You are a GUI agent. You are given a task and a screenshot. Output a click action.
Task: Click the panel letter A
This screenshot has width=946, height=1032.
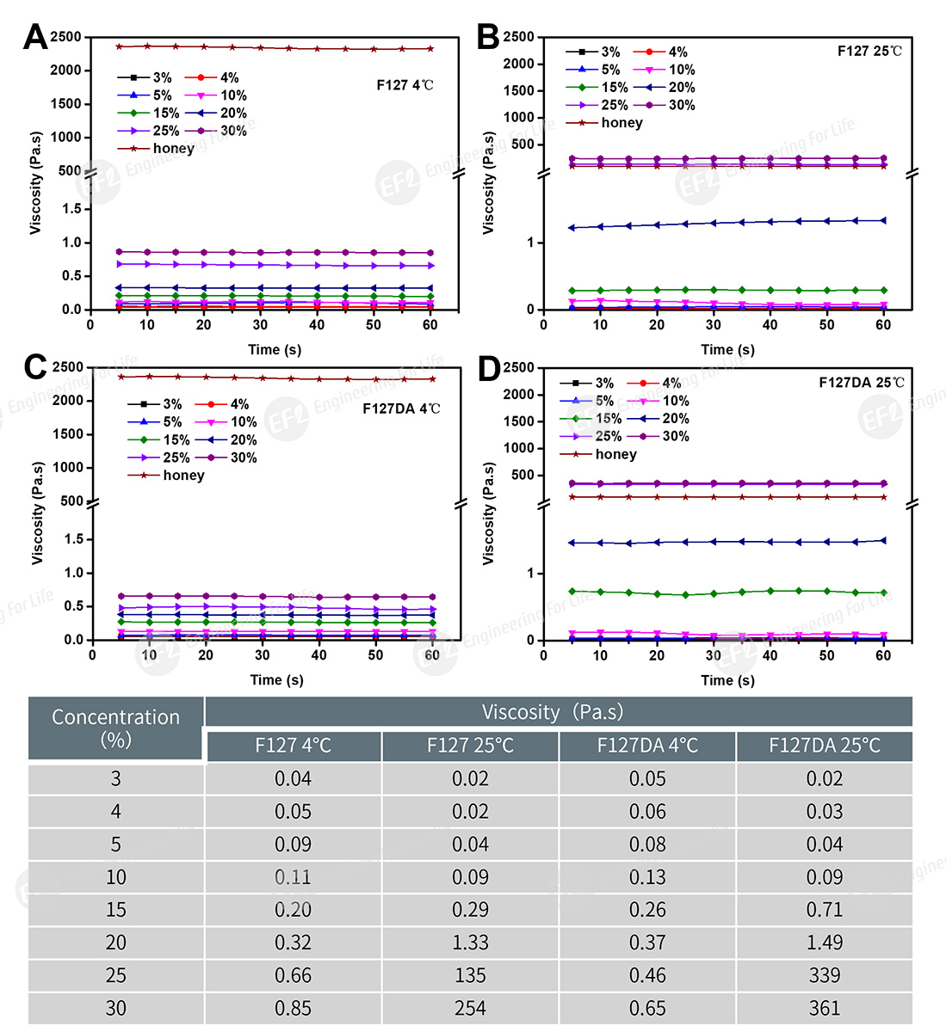(35, 37)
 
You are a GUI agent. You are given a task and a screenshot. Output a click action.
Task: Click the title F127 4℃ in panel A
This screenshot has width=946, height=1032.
(405, 85)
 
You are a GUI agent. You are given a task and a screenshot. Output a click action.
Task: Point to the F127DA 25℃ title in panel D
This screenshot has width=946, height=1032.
(861, 383)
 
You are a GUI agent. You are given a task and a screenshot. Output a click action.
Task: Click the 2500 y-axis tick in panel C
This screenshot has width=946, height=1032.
(68, 367)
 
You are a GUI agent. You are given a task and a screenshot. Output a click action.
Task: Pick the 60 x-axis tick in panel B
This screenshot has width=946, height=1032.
(883, 325)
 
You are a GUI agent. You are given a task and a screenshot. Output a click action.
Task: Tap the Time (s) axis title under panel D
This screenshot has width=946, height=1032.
(727, 680)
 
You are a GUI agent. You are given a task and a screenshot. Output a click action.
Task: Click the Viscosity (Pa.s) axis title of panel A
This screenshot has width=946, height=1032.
(35, 182)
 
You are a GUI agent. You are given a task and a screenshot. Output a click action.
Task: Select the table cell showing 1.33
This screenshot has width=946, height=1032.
(470, 943)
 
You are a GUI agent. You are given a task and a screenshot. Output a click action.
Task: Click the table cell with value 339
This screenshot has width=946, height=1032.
(824, 975)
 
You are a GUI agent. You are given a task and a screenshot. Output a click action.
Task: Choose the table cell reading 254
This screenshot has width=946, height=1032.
(470, 1008)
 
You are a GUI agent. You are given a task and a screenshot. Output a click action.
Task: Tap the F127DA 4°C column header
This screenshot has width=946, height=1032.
(647, 746)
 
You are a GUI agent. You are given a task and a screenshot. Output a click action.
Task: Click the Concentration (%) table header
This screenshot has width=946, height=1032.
(116, 728)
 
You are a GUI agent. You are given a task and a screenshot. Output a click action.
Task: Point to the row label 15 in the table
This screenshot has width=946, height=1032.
(116, 910)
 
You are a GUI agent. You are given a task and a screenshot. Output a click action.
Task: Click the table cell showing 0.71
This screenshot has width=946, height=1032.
(824, 910)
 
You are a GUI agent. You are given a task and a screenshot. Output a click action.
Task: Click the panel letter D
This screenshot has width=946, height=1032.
(489, 370)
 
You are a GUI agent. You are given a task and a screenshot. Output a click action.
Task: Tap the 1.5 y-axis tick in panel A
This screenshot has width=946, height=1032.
(71, 209)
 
